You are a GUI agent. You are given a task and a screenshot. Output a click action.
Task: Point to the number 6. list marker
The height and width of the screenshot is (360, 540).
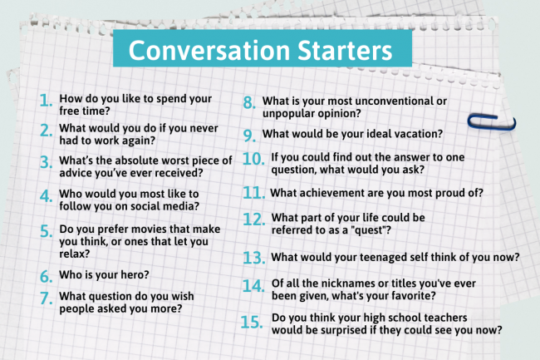click(46, 275)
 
